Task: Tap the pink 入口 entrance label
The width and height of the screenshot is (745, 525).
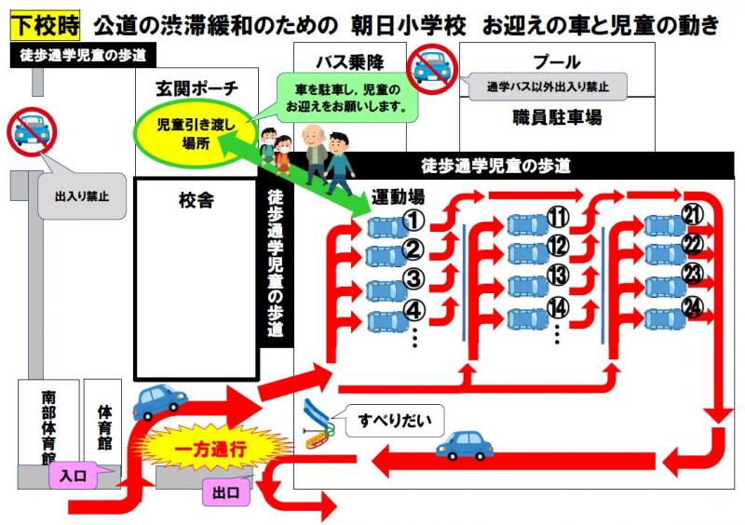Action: (x=74, y=476)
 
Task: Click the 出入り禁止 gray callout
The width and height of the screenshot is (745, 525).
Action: (x=82, y=195)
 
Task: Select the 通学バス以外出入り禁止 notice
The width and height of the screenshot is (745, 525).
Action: (x=548, y=87)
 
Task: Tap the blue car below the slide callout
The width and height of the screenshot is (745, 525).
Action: (x=464, y=446)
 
